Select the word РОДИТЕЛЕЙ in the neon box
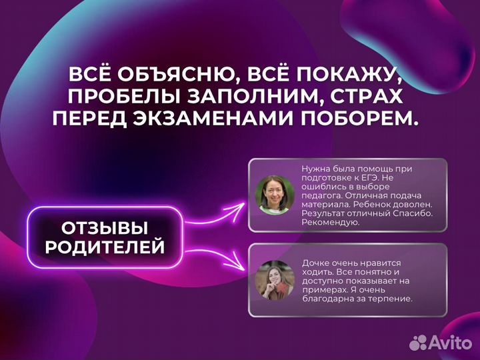point(105,248)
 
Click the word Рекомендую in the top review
point(331,223)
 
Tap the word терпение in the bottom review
point(390,299)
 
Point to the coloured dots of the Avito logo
point(419,343)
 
